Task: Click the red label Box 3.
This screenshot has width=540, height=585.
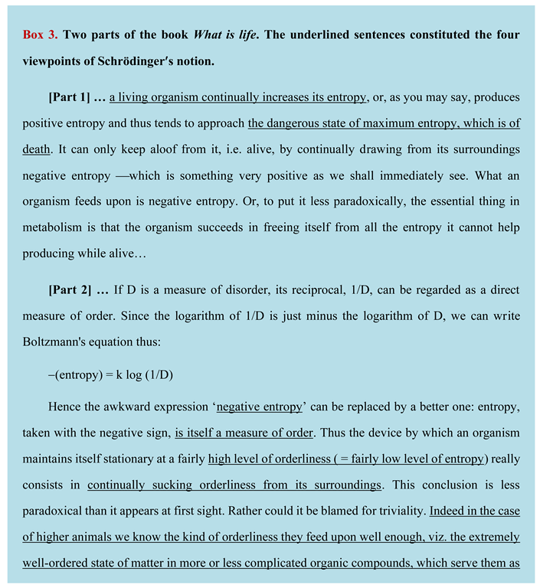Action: tap(40, 35)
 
